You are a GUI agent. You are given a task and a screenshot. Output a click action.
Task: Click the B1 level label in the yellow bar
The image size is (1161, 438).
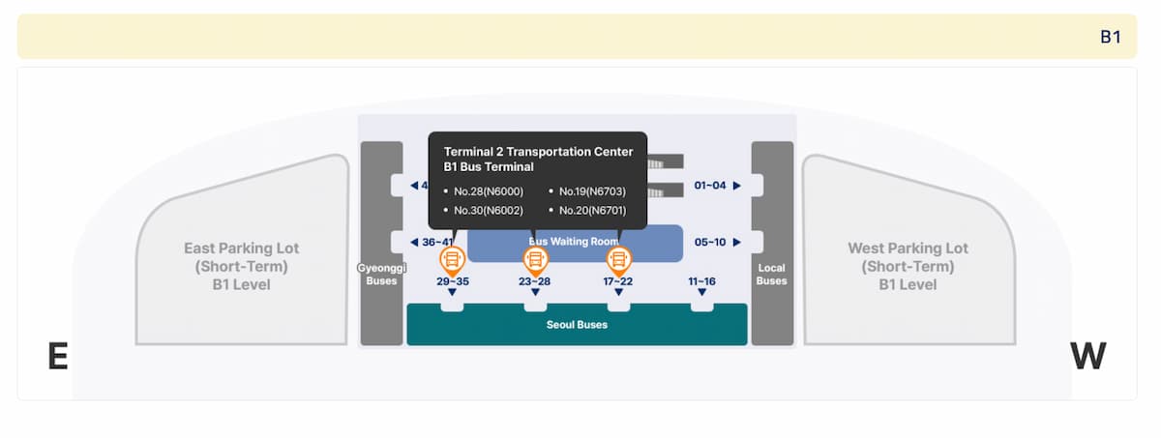(1110, 37)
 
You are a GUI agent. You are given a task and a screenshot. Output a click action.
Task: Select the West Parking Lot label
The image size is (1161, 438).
(908, 266)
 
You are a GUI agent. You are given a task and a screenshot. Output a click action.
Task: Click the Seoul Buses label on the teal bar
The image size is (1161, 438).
(577, 325)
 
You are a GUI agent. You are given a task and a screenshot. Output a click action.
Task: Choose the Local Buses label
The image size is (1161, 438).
(771, 274)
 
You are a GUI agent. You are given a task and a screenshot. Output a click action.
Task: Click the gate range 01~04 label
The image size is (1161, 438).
(709, 186)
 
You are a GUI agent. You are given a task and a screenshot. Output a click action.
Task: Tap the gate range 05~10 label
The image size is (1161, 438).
(709, 242)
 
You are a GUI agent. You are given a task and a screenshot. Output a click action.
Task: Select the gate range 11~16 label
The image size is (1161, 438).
(701, 281)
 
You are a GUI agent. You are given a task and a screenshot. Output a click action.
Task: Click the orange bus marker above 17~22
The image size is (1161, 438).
(618, 259)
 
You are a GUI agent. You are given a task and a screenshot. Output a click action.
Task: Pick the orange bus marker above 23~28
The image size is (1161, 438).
(535, 259)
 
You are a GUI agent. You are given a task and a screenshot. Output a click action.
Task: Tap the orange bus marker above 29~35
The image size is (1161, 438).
(452, 259)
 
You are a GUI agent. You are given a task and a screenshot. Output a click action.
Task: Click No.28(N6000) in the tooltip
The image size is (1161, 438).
(489, 190)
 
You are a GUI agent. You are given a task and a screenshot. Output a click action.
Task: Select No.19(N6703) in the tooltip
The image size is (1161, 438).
(593, 190)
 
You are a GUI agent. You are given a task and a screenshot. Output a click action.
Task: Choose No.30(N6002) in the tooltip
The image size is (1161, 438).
(489, 210)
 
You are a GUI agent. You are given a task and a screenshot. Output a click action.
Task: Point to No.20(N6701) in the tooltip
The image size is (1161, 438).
(593, 210)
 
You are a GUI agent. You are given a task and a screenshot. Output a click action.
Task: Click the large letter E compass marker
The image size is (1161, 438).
(58, 357)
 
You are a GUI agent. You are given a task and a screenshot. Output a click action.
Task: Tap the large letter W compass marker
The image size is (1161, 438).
(1087, 357)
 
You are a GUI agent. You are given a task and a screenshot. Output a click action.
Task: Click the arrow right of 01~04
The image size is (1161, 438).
(736, 186)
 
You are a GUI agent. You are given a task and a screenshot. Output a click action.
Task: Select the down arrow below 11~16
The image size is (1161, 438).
(701, 292)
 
